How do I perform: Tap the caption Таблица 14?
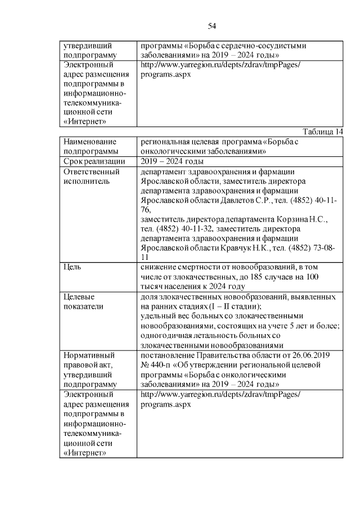coord(322,132)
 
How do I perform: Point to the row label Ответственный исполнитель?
coord(91,177)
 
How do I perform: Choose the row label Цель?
coord(74,267)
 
